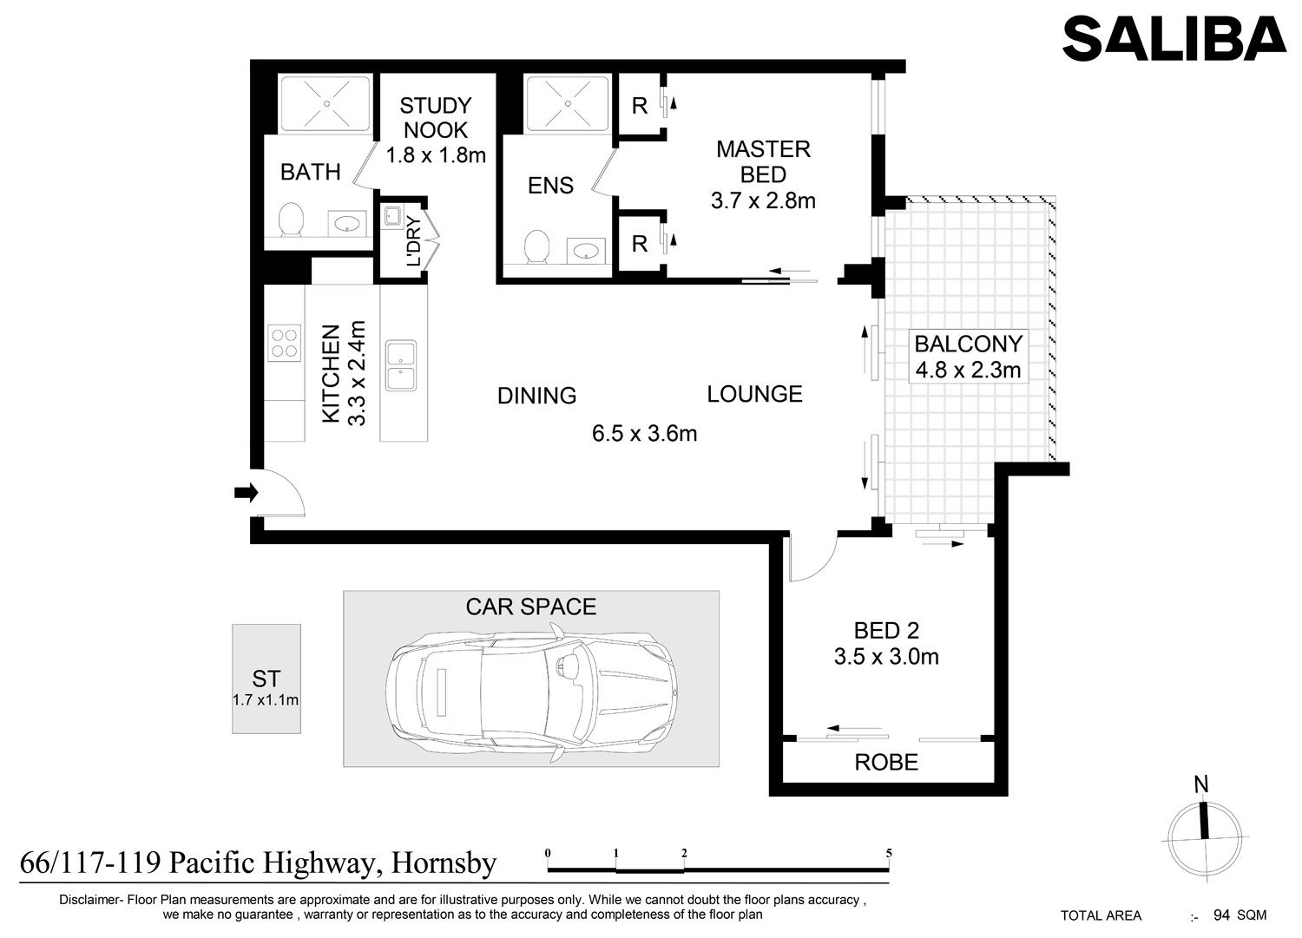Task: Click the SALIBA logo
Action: (x=1174, y=38)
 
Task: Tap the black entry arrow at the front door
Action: (x=246, y=493)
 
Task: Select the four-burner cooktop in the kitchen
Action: (x=285, y=343)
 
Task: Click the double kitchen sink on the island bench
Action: (x=401, y=365)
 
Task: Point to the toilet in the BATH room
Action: (x=291, y=220)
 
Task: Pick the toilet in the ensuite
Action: (x=536, y=247)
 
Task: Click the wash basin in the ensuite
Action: (x=586, y=251)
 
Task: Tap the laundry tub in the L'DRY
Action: (x=392, y=216)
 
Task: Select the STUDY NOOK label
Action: (x=436, y=118)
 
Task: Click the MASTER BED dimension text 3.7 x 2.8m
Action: (x=763, y=201)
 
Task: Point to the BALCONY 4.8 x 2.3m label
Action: (x=969, y=357)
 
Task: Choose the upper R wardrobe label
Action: (x=640, y=106)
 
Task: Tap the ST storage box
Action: (x=266, y=679)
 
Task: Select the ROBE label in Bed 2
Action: (x=886, y=763)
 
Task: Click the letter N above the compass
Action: (x=1200, y=784)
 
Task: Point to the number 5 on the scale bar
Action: (x=889, y=853)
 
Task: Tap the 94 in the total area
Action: (x=1221, y=915)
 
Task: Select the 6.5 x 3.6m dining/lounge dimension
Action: (x=645, y=434)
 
